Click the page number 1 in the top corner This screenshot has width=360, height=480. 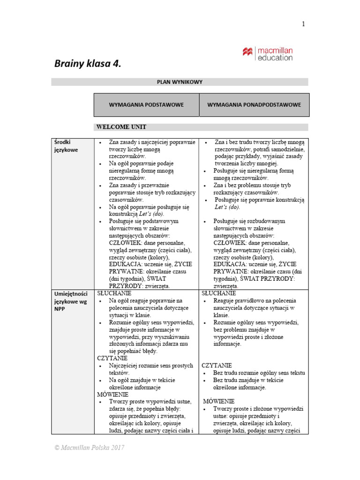(x=303, y=24)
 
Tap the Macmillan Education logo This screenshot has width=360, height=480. (x=267, y=54)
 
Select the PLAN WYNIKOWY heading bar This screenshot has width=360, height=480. (x=180, y=82)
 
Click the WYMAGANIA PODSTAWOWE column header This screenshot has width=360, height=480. (x=146, y=105)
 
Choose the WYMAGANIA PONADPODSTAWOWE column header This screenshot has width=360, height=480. (x=254, y=105)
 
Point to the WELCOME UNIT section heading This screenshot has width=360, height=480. (x=121, y=127)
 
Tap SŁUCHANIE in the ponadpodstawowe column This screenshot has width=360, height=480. (x=221, y=293)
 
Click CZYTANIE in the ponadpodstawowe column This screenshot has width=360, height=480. (x=217, y=365)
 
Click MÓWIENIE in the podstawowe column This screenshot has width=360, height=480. (x=113, y=395)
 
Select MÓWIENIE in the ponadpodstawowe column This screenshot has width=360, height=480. (x=218, y=402)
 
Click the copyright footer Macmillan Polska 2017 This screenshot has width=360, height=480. (x=89, y=448)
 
